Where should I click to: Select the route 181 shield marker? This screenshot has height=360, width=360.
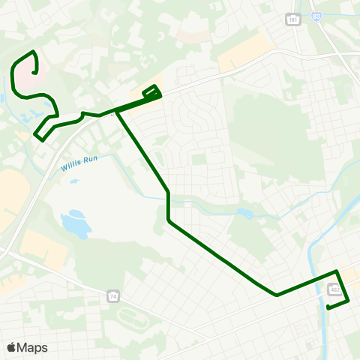(295, 18)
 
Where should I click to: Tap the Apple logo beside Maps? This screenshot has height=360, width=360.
(11, 347)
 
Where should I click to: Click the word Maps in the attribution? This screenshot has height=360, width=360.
(32, 347)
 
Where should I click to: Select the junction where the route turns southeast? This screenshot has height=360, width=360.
(117, 112)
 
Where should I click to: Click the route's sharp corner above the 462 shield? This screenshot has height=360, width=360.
(337, 271)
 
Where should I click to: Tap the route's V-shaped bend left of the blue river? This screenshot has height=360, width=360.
(277, 295)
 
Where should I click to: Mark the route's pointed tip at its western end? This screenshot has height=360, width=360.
(36, 136)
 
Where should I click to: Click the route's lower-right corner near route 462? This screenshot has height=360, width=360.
(348, 301)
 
